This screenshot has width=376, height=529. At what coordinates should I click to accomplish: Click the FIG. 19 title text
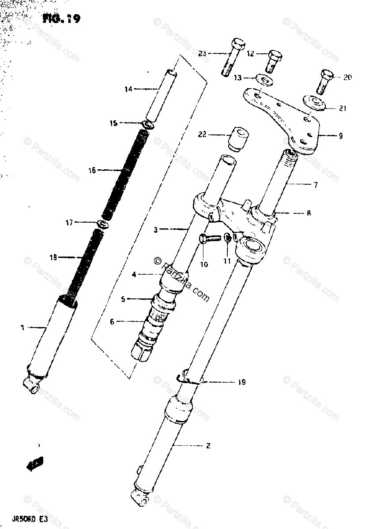61,19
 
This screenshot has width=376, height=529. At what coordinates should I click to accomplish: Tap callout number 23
203,54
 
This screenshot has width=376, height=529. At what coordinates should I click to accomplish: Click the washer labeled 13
265,80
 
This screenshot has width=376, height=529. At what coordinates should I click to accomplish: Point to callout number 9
340,136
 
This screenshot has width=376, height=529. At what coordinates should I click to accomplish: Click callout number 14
128,89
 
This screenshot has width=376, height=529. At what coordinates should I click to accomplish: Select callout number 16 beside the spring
92,170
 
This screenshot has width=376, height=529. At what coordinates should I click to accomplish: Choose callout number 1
22,327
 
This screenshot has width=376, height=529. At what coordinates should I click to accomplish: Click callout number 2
208,446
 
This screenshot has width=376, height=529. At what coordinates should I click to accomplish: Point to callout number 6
112,322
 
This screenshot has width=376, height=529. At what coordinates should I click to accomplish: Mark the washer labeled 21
314,104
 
